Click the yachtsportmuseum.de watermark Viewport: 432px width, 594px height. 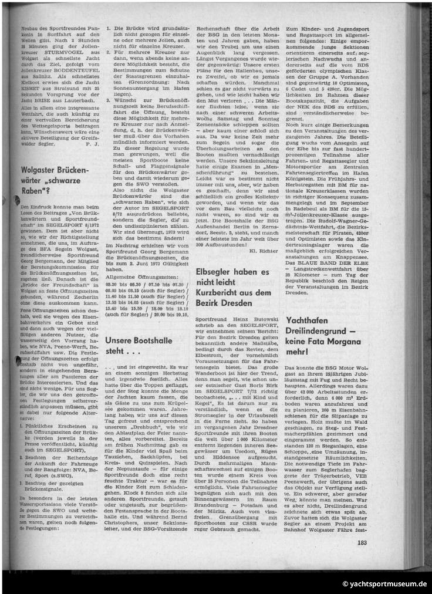pos(384,583)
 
